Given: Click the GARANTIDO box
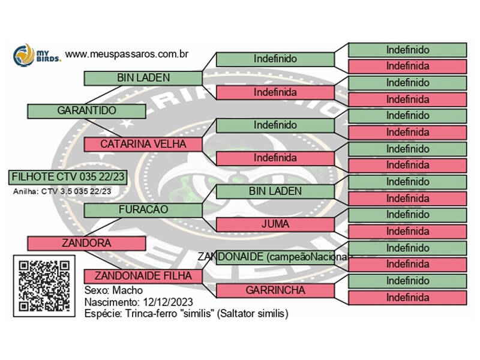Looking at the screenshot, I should coord(86,111).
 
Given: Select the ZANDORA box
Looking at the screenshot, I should coord(86,243).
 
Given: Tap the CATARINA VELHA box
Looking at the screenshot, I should coord(143,144).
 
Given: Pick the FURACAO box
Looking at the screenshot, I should coord(143,210).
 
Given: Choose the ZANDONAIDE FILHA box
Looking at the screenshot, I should coord(143,276).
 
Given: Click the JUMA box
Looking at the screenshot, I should coord(275,224).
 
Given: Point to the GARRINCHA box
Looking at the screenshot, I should coord(275,290).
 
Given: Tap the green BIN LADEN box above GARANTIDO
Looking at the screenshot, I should coord(143,78).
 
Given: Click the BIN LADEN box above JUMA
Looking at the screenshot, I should coord(275,191).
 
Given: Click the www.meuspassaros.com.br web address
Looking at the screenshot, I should coord(127,54).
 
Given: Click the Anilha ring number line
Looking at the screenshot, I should coord(62,191).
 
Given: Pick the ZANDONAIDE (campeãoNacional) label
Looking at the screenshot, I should coord(275,257).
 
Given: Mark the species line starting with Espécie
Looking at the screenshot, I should coord(186,313).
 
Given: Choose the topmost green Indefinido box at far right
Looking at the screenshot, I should coord(407,50).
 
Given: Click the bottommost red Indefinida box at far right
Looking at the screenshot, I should coord(407,298).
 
